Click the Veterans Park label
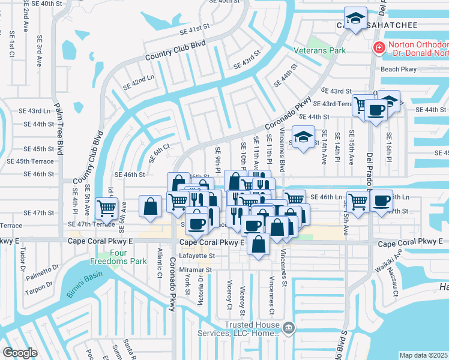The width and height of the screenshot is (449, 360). click(x=319, y=51)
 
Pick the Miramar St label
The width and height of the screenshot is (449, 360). click(x=198, y=270)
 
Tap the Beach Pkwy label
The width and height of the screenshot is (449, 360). click(x=399, y=70)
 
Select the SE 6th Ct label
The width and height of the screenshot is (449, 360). click(x=160, y=154)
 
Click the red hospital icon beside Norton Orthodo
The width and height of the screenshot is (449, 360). click(x=379, y=47)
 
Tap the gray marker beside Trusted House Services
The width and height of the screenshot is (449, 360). click(x=289, y=328)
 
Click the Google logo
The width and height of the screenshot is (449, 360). click(x=19, y=353)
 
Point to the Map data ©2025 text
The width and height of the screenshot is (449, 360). click(x=423, y=355)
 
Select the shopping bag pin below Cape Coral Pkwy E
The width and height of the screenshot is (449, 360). click(x=258, y=244)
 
